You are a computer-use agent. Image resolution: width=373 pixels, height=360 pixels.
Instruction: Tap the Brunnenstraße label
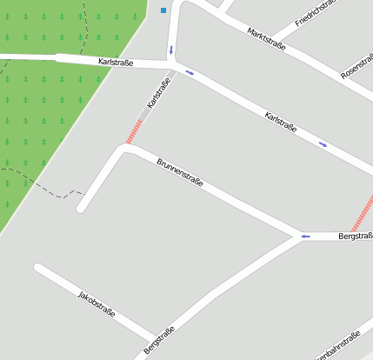coord(180,172)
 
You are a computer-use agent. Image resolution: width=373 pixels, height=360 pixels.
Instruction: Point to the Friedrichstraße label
coord(315,11)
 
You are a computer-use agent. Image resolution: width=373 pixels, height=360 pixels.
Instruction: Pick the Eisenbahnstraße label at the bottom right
coord(339,349)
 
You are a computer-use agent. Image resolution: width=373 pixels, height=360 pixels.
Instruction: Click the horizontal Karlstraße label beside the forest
coord(116,63)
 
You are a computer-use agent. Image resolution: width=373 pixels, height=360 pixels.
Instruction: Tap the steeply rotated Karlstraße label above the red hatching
coord(158,94)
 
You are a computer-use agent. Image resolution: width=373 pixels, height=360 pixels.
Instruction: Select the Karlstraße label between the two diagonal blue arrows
coord(281,122)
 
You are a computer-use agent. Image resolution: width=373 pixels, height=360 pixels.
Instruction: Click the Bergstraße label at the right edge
coord(355,236)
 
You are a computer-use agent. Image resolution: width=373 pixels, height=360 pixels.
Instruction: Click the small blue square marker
coord(163,10)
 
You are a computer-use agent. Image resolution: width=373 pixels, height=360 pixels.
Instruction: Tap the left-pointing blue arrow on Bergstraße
coord(305,236)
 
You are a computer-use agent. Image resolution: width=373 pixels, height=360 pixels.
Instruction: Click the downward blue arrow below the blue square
coord(171,50)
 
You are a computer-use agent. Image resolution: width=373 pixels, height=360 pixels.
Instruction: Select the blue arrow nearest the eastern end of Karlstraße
coord(323,144)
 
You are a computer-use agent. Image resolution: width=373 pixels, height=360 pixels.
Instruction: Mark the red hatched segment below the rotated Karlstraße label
coord(135,131)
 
